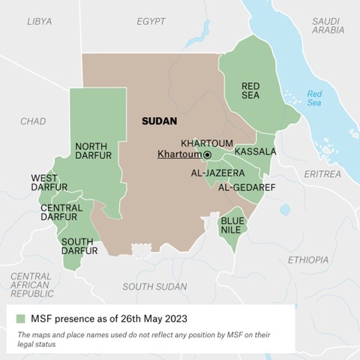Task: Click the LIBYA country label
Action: click(x=39, y=22)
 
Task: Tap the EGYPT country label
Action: click(x=151, y=22)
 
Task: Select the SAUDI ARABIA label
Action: click(x=328, y=25)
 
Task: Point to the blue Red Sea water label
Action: click(x=314, y=97)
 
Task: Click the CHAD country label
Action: click(x=33, y=121)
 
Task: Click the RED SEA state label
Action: click(x=250, y=91)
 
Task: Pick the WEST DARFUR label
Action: click(x=49, y=182)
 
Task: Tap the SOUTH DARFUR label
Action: click(x=78, y=246)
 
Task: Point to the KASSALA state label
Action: click(x=255, y=151)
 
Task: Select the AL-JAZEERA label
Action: click(x=217, y=172)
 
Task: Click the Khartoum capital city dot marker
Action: click(x=207, y=154)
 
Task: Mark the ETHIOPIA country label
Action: click(x=307, y=259)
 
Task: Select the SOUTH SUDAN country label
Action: click(x=155, y=286)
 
